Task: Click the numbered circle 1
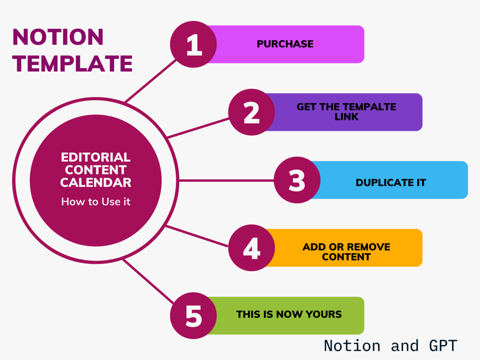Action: coord(193,44)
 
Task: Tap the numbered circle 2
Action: coord(251,113)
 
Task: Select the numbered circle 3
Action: coord(297,180)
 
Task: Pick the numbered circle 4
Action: coord(251,248)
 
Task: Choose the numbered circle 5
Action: coord(193,316)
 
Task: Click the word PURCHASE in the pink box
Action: coord(285,44)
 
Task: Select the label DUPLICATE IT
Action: coord(391,182)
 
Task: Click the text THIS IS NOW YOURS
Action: coord(289,314)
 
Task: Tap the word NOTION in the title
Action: coord(58,37)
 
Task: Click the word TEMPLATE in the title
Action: coord(73,64)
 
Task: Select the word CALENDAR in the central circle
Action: coord(96,182)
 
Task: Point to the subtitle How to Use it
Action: coord(96,201)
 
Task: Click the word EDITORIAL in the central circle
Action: coord(96,157)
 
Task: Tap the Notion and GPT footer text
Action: coord(390,345)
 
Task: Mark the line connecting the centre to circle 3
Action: coord(226,180)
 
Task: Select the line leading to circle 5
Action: coord(148,282)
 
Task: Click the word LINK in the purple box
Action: coord(347,116)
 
